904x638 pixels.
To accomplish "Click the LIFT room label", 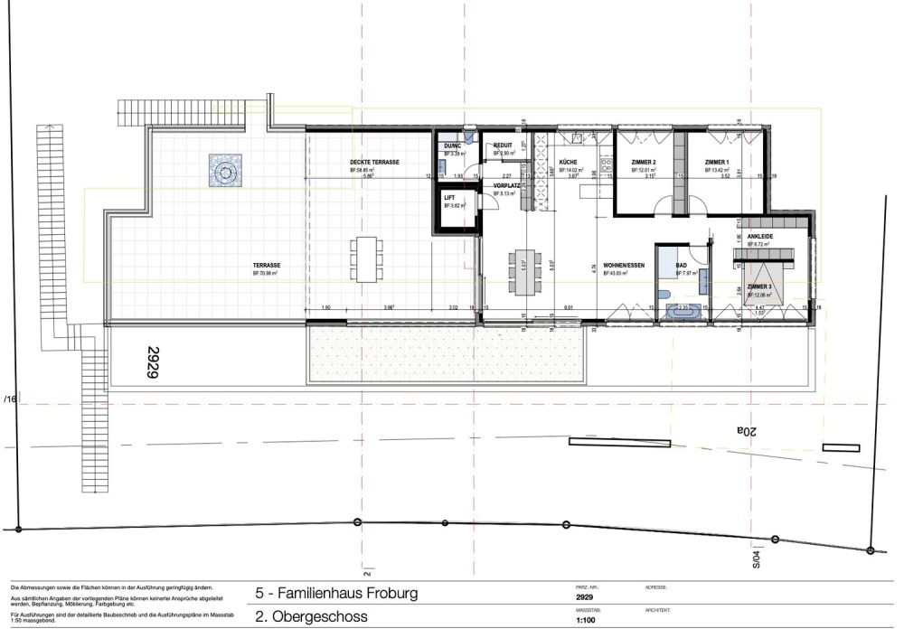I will (449, 197).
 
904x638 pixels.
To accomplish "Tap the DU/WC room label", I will (452, 146).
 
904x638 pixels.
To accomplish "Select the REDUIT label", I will (504, 146).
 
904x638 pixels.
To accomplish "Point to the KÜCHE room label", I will (569, 162).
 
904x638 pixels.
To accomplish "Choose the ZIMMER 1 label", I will (719, 162).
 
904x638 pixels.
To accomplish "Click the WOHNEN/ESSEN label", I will (623, 264).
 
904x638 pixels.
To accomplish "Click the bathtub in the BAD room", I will (686, 312).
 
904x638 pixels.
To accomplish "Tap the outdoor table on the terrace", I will (367, 257).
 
